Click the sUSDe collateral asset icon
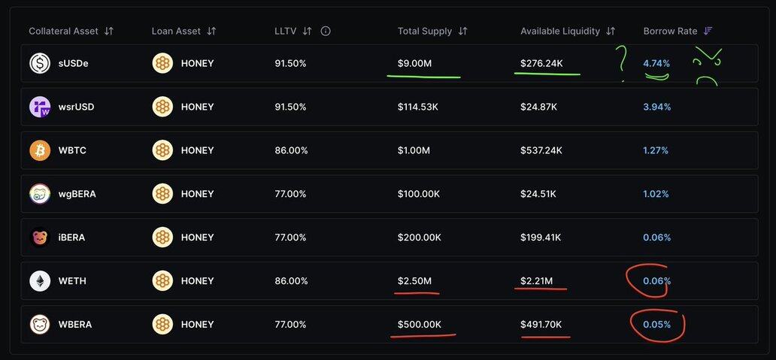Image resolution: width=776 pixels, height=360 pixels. pyautogui.click(x=40, y=63)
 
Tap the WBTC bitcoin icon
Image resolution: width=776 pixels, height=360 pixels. pyautogui.click(x=40, y=150)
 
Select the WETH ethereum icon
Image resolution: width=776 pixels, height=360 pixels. pyautogui.click(x=40, y=281)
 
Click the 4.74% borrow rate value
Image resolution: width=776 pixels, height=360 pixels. pyautogui.click(x=656, y=63)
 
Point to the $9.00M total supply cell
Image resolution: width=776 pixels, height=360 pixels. pyautogui.click(x=415, y=63)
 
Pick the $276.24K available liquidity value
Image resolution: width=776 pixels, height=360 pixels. pyautogui.click(x=541, y=63)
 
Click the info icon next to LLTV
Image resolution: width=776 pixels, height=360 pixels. pyautogui.click(x=326, y=32)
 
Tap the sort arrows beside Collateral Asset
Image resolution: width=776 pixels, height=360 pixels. pyautogui.click(x=109, y=32)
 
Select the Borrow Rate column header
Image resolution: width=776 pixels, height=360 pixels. pyautogui.click(x=670, y=32)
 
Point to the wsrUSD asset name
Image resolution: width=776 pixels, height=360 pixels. pyautogui.click(x=76, y=107)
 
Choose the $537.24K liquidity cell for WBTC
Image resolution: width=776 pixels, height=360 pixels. pyautogui.click(x=541, y=150)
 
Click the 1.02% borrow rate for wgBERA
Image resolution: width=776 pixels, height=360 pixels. pyautogui.click(x=656, y=194)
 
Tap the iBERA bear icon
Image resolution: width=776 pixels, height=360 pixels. pyautogui.click(x=40, y=237)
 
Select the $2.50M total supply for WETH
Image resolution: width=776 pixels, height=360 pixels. pyautogui.click(x=415, y=281)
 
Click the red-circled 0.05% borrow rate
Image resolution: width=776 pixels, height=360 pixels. pyautogui.click(x=656, y=325)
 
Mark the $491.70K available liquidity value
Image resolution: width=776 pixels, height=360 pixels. pyautogui.click(x=541, y=325)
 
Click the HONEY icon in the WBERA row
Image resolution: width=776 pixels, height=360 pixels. pyautogui.click(x=162, y=325)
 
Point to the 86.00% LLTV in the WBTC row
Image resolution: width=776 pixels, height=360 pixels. pyautogui.click(x=291, y=150)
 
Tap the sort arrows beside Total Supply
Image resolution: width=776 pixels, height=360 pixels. pyautogui.click(x=462, y=32)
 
